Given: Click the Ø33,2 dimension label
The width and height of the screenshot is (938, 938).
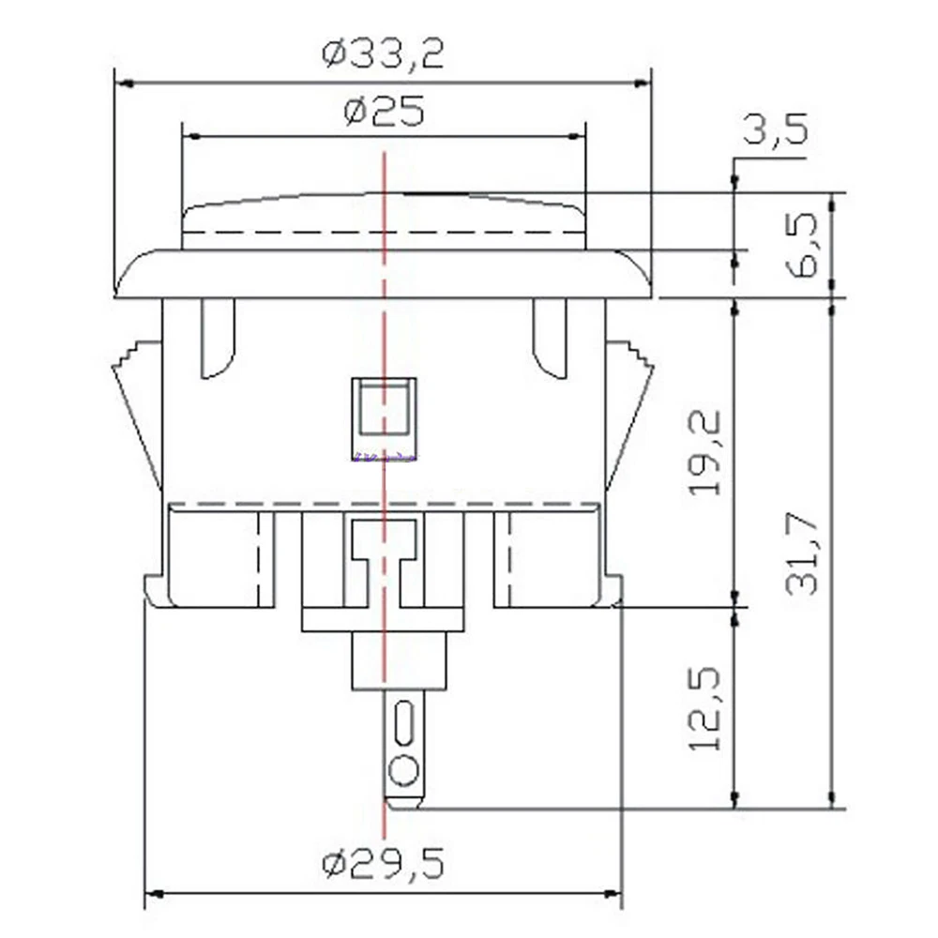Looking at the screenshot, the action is click(x=383, y=54).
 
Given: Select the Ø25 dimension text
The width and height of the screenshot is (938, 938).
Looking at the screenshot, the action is click(x=384, y=112).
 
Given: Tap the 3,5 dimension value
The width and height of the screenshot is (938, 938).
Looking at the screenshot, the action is click(x=776, y=128).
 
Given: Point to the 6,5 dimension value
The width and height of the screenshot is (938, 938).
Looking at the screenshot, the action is click(x=800, y=244).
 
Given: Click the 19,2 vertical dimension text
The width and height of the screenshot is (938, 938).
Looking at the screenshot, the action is click(x=704, y=453).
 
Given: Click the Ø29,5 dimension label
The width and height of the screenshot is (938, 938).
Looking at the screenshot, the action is click(x=384, y=863).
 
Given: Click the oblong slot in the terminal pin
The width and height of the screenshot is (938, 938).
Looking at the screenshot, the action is click(x=403, y=724).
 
